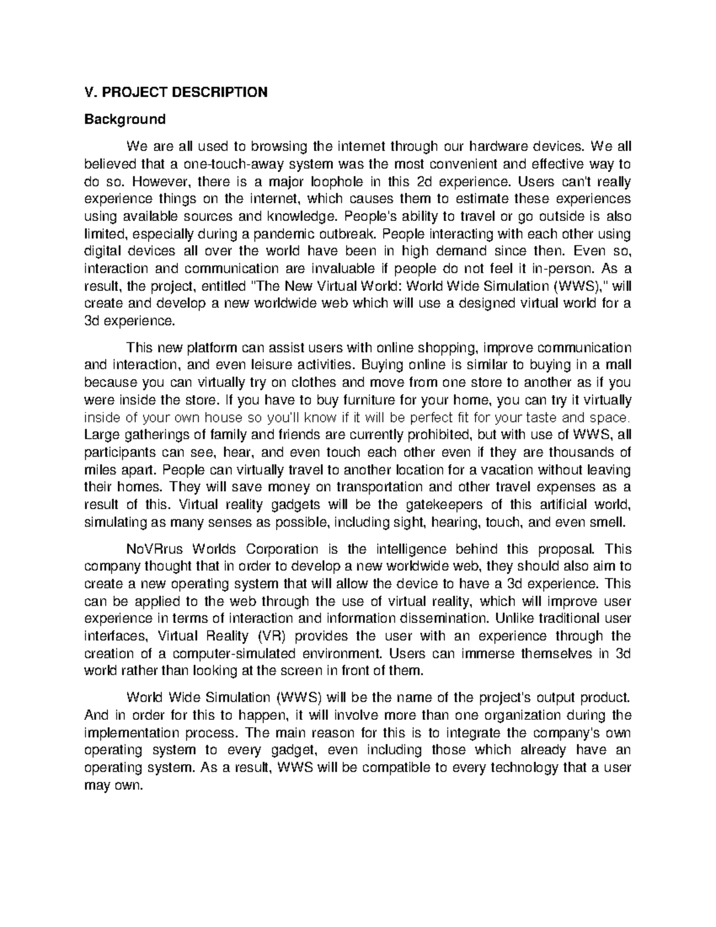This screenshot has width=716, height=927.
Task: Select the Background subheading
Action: point(124,119)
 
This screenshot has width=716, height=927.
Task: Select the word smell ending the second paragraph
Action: point(610,521)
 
